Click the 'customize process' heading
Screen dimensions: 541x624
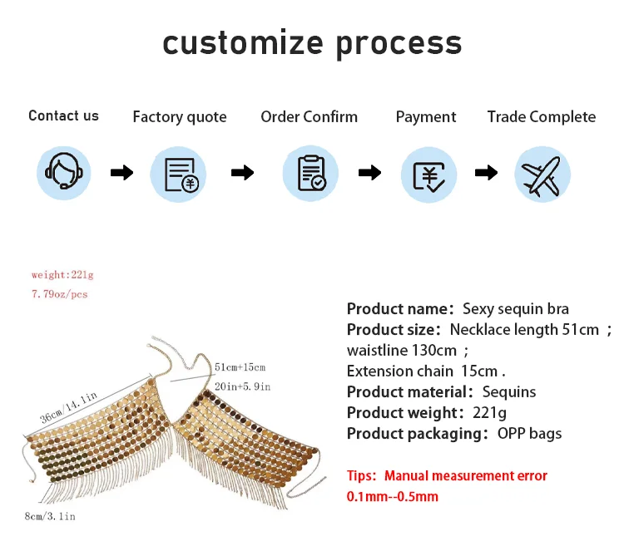pos(311,42)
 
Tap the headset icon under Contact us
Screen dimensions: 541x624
pos(63,173)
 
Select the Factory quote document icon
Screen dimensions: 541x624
pos(178,173)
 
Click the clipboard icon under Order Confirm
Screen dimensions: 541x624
pos(310,173)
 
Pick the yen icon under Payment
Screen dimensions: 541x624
pos(428,173)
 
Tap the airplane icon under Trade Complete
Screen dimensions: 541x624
pos(542,173)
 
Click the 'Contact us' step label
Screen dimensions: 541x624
pos(63,116)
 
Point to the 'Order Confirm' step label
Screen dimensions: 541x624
pos(309,117)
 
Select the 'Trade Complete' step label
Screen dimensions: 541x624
pos(541,117)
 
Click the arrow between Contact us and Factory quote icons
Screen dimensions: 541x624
pos(121,173)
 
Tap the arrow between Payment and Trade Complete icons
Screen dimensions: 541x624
pos(486,173)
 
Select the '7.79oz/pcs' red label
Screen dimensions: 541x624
pos(59,294)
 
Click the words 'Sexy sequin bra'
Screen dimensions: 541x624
pos(516,308)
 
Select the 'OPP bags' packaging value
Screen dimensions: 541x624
pos(529,433)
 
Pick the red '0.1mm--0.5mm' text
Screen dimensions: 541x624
pos(393,496)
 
